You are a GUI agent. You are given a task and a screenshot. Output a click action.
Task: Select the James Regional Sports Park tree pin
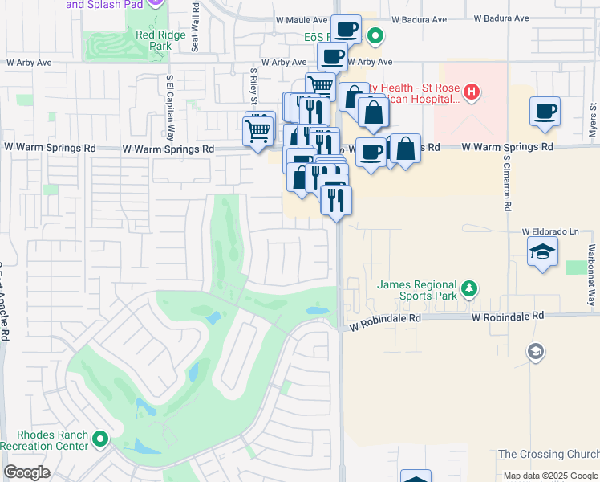[468, 288]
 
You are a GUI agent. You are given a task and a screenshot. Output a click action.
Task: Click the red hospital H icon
[472, 92]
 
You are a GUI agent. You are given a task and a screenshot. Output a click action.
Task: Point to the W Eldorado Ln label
[549, 231]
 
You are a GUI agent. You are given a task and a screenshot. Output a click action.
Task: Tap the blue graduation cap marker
[543, 252]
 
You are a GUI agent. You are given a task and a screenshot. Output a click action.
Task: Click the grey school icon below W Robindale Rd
[535, 351]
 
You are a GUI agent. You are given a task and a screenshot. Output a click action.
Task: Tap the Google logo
[26, 472]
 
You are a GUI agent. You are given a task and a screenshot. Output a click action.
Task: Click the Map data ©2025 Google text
[549, 476]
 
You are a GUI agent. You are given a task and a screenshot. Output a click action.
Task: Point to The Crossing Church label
[547, 454]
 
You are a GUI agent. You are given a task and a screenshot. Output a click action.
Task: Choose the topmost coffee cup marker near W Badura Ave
[346, 30]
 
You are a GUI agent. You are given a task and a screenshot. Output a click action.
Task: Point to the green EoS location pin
[375, 35]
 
